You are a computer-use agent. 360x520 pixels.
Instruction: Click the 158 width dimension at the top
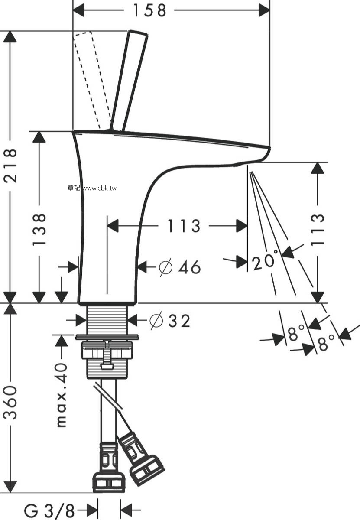[x=149, y=10]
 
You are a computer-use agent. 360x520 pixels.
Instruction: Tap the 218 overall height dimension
[x=10, y=166]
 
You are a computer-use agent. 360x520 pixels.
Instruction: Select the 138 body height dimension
[x=39, y=229]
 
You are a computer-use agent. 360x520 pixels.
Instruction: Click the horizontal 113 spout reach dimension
[x=183, y=226]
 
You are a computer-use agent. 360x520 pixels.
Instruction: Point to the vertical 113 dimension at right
[x=317, y=230]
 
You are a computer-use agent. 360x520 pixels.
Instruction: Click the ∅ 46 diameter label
[x=180, y=267]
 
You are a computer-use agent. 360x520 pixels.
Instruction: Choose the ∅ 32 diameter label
[x=170, y=321]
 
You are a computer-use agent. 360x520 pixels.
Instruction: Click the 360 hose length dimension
[x=10, y=402]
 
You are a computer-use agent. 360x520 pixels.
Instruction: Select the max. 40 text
[x=62, y=395]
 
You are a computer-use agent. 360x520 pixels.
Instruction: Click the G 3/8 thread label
[x=49, y=510]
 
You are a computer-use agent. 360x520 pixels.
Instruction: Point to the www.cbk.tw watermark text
[x=100, y=188]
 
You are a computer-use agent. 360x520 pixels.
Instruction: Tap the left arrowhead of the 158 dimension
[x=78, y=10]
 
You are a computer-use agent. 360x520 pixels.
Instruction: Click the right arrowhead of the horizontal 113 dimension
[x=242, y=226]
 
